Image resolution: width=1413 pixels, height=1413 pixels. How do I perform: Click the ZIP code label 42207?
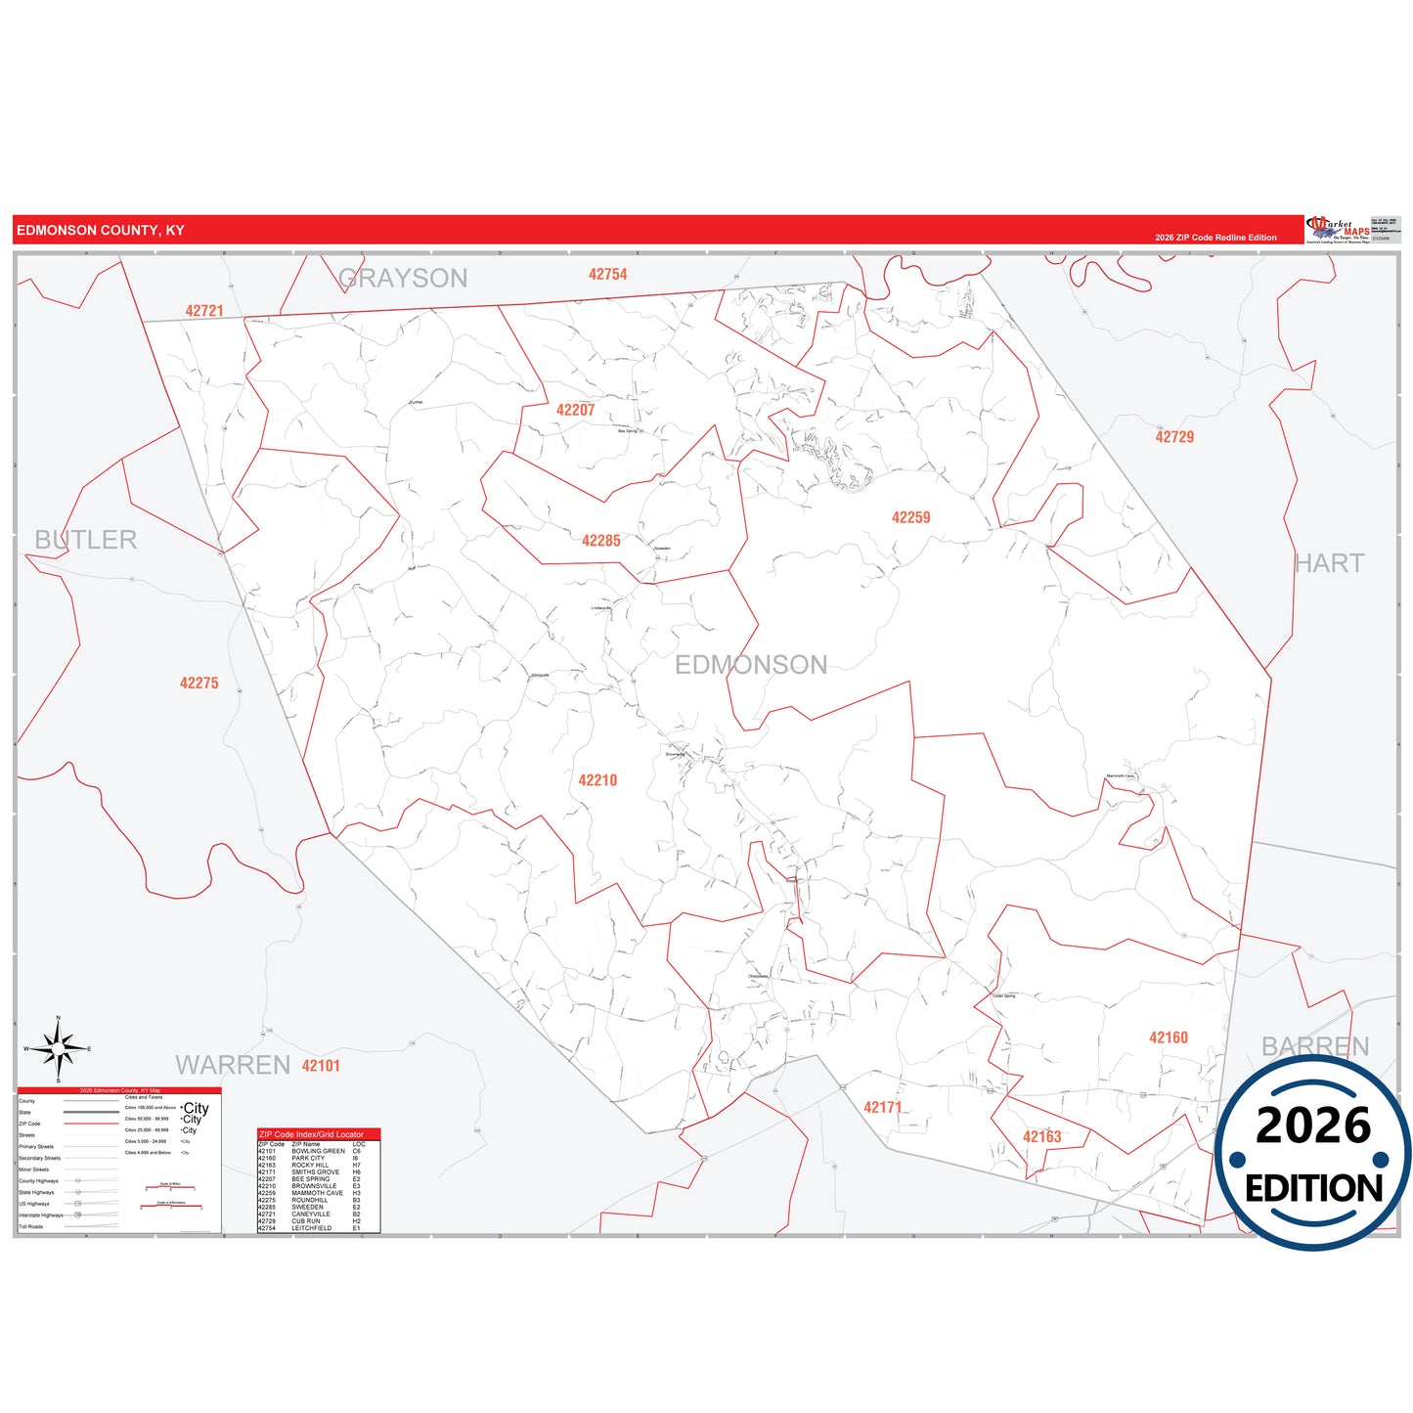point(575,411)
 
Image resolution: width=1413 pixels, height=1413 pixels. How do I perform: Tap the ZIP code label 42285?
point(600,541)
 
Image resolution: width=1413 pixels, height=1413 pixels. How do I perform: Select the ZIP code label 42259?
point(910,517)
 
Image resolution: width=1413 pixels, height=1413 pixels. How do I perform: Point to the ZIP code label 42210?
point(597,780)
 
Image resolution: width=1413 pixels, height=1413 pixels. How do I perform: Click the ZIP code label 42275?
point(199,684)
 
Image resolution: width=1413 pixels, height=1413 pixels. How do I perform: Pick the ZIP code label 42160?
point(1168,1038)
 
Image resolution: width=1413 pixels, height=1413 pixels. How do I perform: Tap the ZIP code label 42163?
point(1041,1136)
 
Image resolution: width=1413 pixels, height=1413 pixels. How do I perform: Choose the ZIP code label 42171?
point(882,1107)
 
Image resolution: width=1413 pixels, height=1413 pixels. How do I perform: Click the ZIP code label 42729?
point(1174,437)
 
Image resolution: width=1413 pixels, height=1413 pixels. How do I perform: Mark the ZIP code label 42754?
point(607,275)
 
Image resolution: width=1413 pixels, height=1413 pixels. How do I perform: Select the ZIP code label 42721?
point(204,311)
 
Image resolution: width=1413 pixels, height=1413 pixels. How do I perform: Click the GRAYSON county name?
point(403,279)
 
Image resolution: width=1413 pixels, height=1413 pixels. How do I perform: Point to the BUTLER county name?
point(86,540)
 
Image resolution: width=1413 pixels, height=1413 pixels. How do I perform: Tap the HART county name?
point(1329,563)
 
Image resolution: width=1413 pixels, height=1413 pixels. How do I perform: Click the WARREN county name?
point(233,1065)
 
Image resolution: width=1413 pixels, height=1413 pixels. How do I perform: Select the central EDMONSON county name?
point(751,665)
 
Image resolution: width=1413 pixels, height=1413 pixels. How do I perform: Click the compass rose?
point(59,1049)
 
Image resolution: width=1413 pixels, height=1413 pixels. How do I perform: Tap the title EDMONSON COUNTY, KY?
point(101,231)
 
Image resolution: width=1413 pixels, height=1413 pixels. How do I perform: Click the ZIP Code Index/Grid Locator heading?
point(311,1134)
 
